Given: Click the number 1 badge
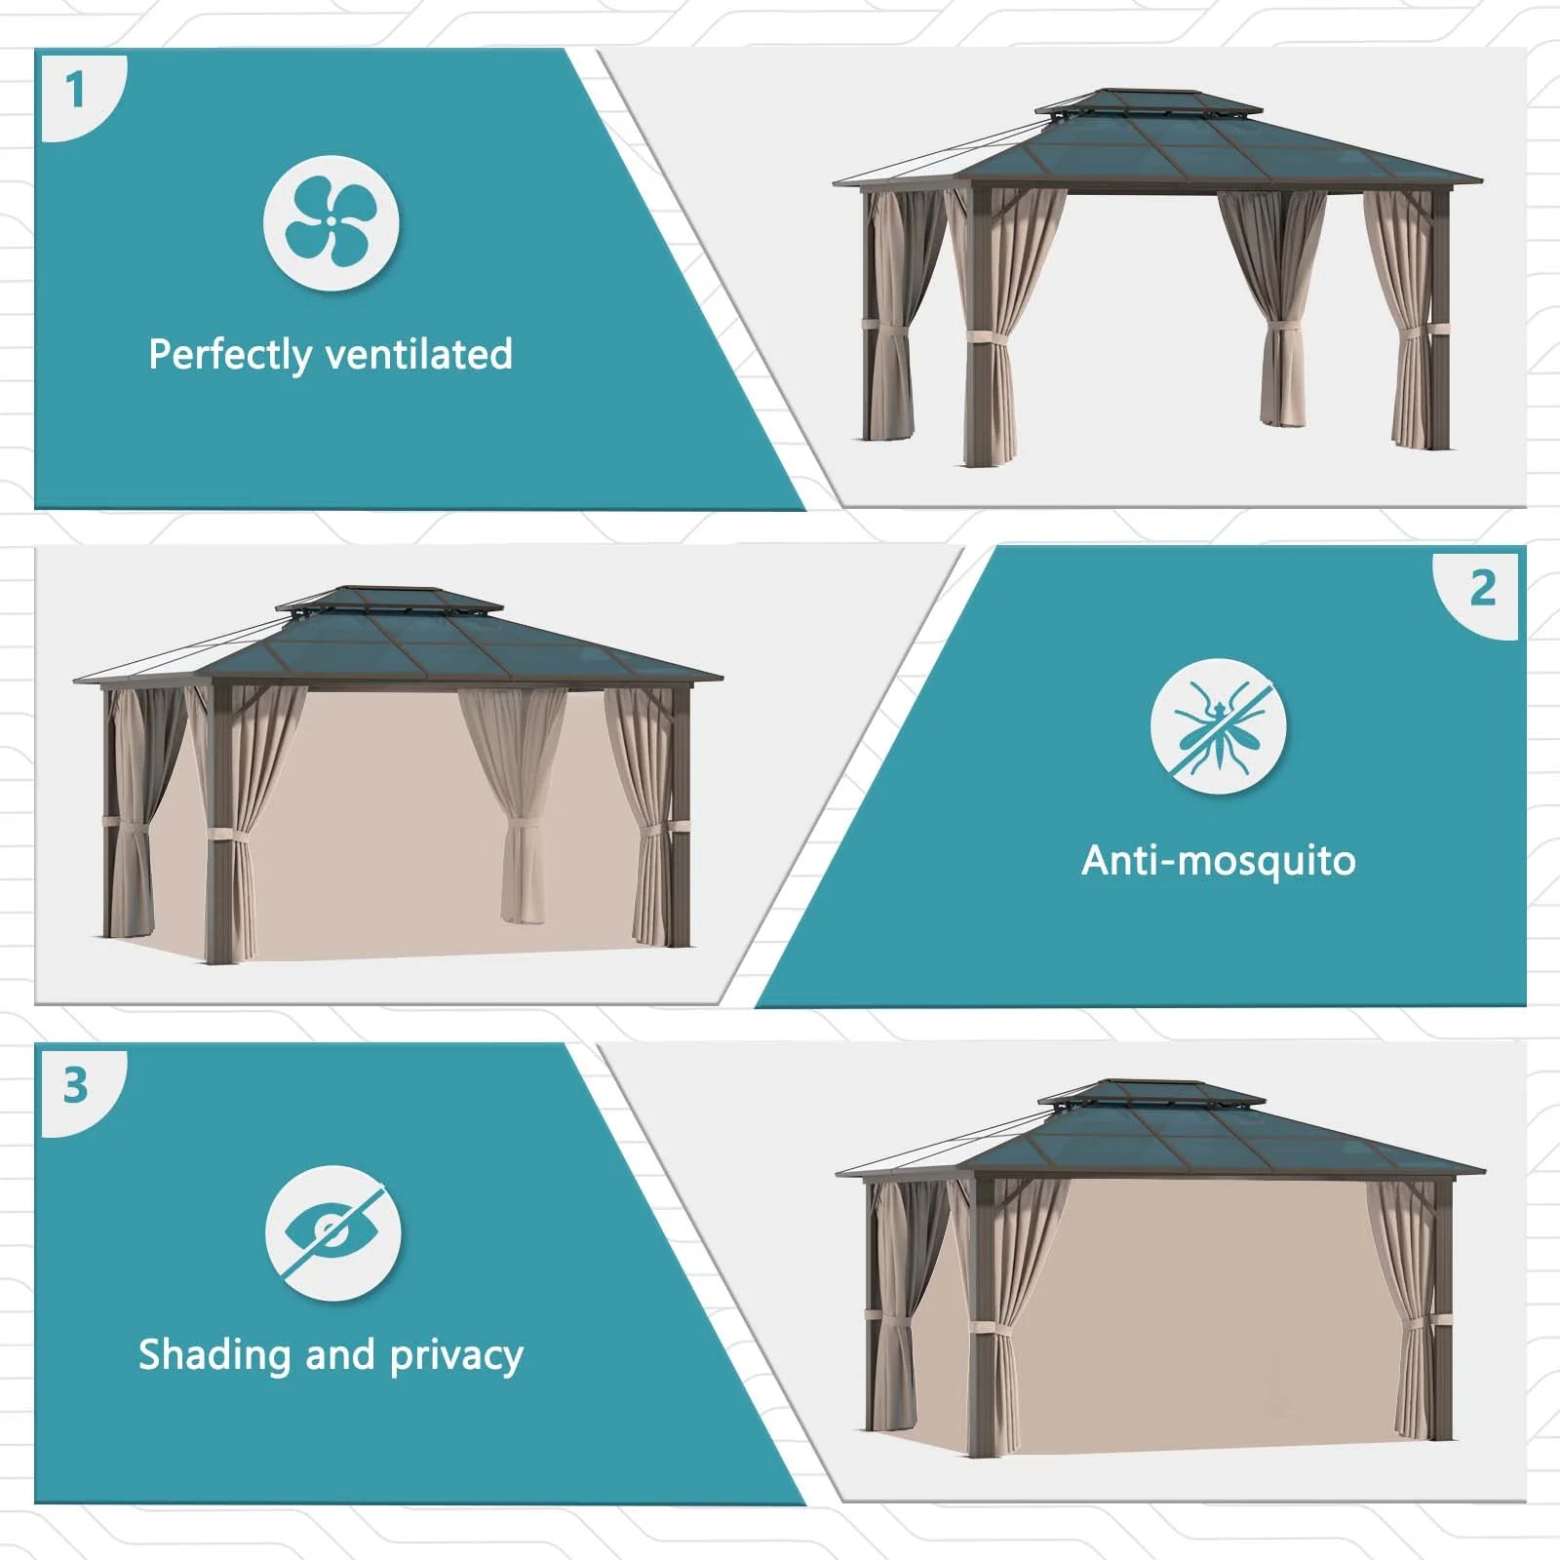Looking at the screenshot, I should (75, 92).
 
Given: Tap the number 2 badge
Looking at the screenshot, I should (1482, 589).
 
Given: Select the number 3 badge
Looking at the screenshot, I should (75, 1086).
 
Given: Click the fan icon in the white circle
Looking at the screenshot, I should (331, 222).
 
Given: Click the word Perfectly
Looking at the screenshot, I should (228, 355).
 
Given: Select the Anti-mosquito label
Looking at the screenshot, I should (1218, 861).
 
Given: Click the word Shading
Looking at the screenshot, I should (214, 1355).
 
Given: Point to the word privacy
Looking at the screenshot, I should (456, 1356).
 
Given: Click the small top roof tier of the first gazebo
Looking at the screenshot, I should (1148, 103).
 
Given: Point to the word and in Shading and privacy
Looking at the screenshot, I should (339, 1354).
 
